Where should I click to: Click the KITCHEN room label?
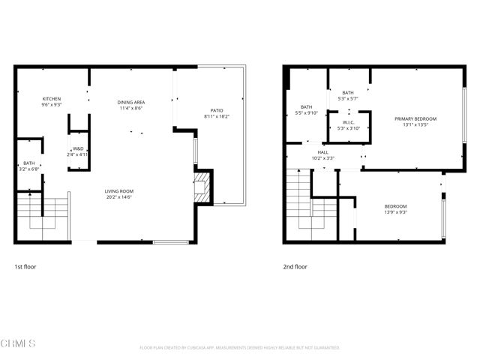tap(51, 99)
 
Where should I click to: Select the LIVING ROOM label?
tap(118, 190)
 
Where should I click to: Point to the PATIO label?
tap(216, 110)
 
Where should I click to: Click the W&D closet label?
tap(79, 148)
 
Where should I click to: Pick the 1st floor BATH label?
tap(28, 163)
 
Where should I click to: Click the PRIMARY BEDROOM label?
tap(415, 118)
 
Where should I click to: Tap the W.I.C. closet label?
tap(348, 123)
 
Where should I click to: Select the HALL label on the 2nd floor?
tap(322, 151)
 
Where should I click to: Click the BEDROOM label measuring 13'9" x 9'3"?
tap(396, 206)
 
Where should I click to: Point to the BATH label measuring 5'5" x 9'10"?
tap(307, 107)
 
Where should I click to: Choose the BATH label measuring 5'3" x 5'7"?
tap(348, 92)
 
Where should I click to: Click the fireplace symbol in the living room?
tap(200, 188)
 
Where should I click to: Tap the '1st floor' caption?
tap(25, 266)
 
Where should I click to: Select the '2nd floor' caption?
tap(295, 266)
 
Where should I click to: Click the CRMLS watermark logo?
tap(19, 343)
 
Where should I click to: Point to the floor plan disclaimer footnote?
tap(240, 348)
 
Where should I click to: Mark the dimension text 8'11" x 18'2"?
tap(216, 116)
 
